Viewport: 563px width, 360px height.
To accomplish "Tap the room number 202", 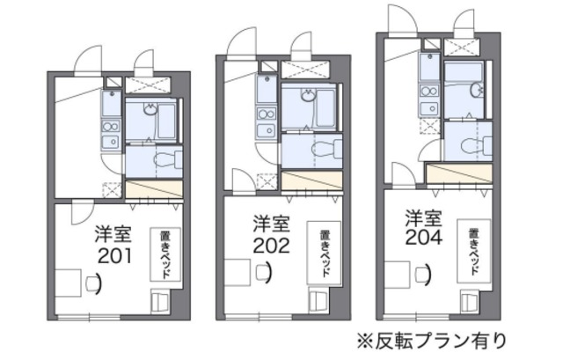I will [x=271, y=246].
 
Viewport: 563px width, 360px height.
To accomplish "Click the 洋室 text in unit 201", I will [x=114, y=235].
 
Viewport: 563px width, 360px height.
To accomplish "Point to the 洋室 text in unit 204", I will [x=423, y=216].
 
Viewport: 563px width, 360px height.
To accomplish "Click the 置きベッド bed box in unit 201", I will [x=165, y=254].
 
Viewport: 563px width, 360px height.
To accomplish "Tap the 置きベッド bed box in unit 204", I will [x=474, y=247].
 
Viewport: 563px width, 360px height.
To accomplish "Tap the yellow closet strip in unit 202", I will [x=310, y=181].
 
